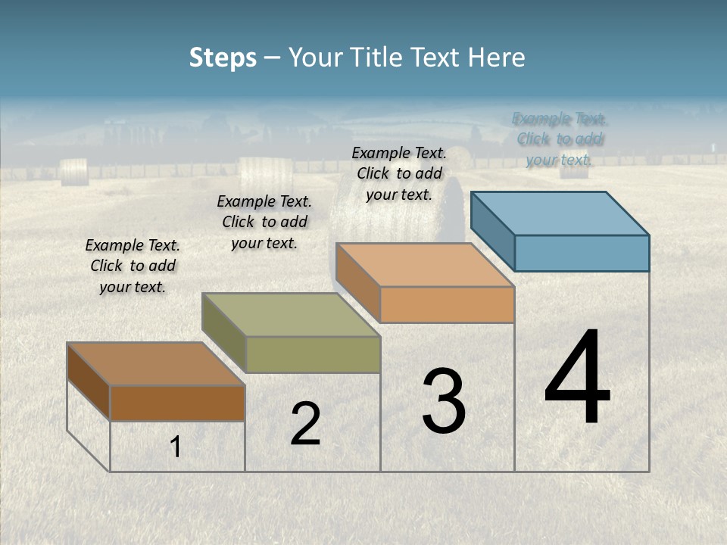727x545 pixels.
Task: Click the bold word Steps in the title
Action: click(223, 58)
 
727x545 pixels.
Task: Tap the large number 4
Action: click(577, 378)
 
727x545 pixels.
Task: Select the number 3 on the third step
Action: click(444, 400)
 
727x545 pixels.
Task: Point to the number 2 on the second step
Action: click(305, 424)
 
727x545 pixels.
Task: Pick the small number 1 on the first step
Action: click(176, 447)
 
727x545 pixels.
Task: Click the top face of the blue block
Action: click(559, 213)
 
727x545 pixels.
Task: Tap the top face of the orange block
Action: click(424, 265)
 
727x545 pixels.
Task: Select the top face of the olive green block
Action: click(291, 315)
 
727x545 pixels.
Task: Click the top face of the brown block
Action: click(155, 364)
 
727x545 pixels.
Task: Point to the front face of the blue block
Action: click(582, 253)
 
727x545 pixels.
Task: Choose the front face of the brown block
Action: click(177, 403)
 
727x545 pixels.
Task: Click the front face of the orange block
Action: click(447, 304)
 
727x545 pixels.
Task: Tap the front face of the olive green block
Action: click(313, 354)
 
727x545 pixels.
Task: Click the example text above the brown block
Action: click(133, 266)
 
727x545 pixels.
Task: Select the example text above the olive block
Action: click(264, 223)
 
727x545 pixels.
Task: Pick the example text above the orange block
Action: click(399, 174)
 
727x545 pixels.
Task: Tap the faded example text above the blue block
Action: click(559, 139)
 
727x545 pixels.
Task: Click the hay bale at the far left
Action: click(73, 172)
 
